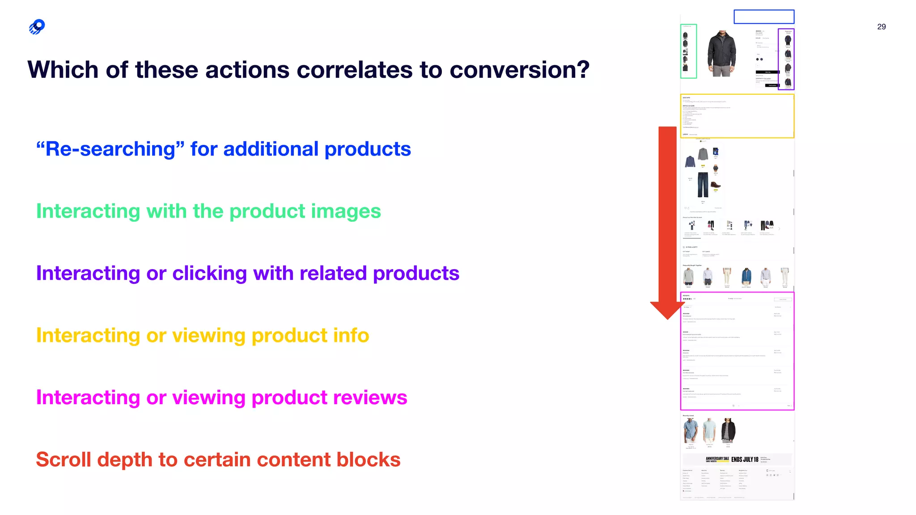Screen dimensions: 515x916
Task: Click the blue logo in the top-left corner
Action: (37, 27)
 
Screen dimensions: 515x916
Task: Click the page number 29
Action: (881, 27)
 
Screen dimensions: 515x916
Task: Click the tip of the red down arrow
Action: (667, 318)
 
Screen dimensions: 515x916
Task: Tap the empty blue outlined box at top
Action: (763, 17)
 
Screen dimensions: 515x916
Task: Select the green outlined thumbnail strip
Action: (688, 51)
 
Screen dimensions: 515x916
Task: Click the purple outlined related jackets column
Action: (786, 59)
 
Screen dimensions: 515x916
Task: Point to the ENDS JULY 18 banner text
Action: (745, 460)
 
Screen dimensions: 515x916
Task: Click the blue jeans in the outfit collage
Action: (703, 184)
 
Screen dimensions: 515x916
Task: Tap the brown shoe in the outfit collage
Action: (716, 185)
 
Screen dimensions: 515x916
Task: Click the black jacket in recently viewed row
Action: (728, 430)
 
